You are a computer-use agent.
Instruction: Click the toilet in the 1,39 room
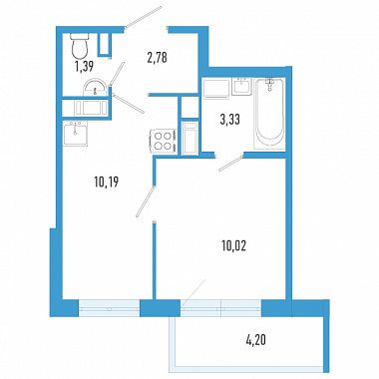coord(80,46)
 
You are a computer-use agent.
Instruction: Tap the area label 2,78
coord(157,58)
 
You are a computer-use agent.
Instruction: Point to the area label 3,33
coord(229,120)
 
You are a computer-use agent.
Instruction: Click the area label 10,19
coord(107,183)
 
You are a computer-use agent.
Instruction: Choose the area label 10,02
coord(233,246)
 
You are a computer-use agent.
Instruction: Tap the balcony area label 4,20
coord(256,340)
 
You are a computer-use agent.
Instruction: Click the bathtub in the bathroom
coord(269,113)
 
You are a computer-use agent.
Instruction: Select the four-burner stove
coord(164,141)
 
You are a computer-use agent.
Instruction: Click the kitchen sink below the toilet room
coord(76,134)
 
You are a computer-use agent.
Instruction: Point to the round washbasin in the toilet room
coord(96,88)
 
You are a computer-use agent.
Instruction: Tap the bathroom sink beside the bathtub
coord(242,87)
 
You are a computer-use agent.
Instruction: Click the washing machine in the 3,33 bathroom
coord(216,88)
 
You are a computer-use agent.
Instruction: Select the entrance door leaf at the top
coord(144,17)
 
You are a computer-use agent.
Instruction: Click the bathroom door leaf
coord(230,162)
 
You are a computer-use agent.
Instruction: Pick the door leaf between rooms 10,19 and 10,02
coord(146,201)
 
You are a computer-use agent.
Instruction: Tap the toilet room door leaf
coord(117,74)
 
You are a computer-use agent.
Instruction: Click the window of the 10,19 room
coord(109,308)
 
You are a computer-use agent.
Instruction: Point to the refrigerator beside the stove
coord(190,138)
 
